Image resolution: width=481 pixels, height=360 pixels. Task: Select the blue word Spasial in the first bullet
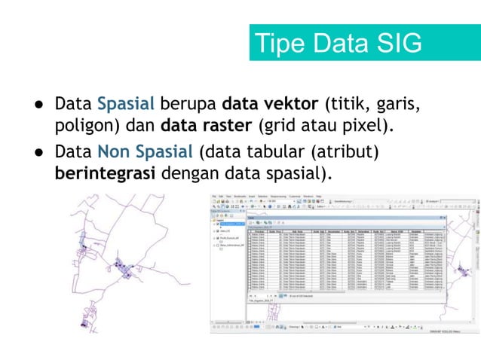126,102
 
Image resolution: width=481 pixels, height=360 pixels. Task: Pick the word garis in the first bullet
395,102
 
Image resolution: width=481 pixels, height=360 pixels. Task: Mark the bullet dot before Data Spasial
36,103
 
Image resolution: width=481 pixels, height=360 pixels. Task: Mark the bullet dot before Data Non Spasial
36,152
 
